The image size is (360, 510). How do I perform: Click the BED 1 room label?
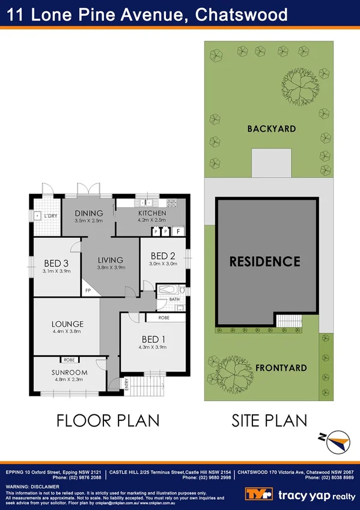pyautogui.click(x=154, y=339)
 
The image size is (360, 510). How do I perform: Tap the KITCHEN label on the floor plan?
pyautogui.click(x=151, y=214)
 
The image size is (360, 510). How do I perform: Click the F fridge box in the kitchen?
pyautogui.click(x=178, y=230)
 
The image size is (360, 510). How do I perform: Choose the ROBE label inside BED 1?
pyautogui.click(x=163, y=317)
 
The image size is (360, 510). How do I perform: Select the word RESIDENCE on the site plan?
pyautogui.click(x=264, y=262)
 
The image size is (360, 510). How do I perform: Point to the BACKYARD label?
pyautogui.click(x=271, y=129)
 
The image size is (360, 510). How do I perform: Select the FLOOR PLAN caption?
pyautogui.click(x=108, y=420)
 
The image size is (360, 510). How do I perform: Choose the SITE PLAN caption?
pyautogui.click(x=269, y=420)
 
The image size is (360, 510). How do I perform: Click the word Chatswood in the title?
pyautogui.click(x=240, y=15)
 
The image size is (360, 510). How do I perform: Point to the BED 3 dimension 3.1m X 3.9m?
pyautogui.click(x=57, y=271)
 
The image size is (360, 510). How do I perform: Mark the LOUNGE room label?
pyautogui.click(x=67, y=324)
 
